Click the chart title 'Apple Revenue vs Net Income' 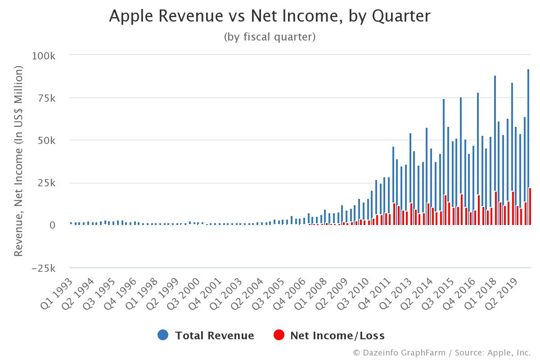tap(270, 16)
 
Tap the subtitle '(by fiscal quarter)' tap(270, 37)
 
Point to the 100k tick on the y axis tap(43, 56)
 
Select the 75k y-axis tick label tap(46, 98)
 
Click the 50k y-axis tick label tap(46, 140)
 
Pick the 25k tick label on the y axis tap(46, 183)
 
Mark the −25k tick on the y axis tap(43, 268)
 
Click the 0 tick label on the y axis tap(52, 225)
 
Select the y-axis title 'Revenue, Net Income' tap(18, 162)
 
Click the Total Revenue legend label tap(214, 336)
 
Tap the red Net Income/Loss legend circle tap(279, 335)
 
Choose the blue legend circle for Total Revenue tap(163, 335)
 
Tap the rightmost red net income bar tap(530, 207)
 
